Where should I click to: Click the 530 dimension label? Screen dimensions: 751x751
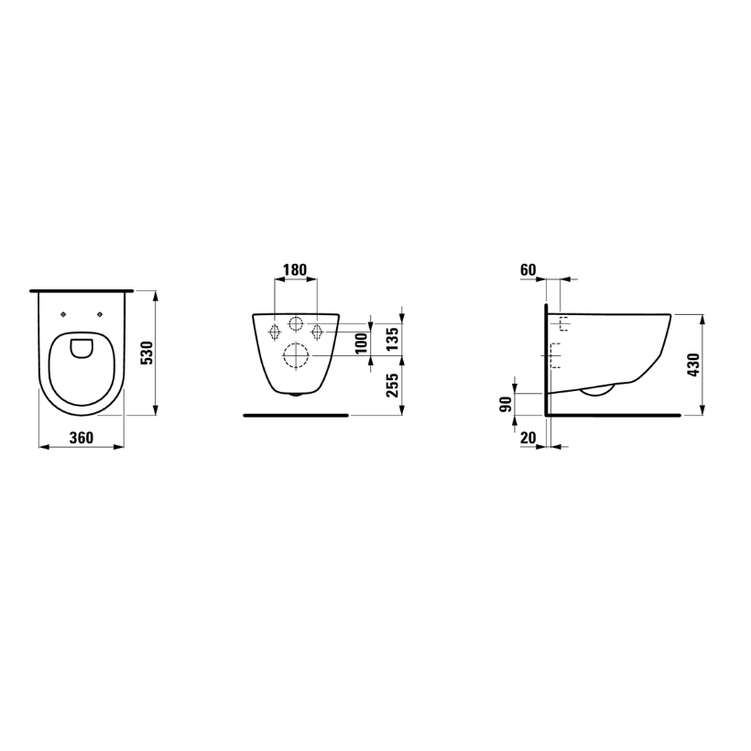(x=148, y=353)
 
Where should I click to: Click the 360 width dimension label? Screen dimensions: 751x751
(x=82, y=438)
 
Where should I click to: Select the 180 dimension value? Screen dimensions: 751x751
(x=295, y=270)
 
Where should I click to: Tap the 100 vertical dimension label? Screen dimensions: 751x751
(x=362, y=343)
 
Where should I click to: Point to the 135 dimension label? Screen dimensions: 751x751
(x=392, y=339)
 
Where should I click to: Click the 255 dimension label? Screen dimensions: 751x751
(x=392, y=385)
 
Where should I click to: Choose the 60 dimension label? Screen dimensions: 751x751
(x=528, y=270)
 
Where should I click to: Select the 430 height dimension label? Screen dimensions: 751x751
(x=693, y=365)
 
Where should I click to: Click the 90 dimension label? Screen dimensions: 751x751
(x=506, y=405)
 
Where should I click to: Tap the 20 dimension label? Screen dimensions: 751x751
(x=528, y=438)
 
